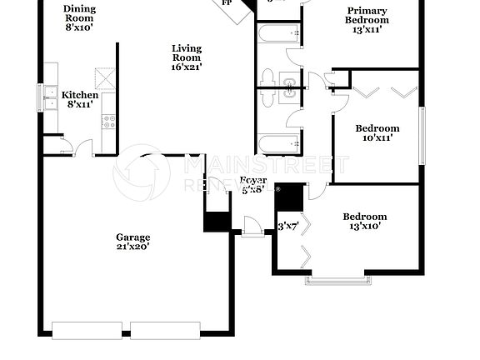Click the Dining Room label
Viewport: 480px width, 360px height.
(79, 17)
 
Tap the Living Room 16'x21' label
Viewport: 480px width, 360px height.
(187, 57)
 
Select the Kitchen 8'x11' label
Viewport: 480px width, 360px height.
(81, 100)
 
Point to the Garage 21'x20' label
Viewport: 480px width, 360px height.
(132, 242)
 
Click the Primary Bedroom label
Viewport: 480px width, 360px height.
(367, 19)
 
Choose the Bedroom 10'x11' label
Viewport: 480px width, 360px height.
(377, 133)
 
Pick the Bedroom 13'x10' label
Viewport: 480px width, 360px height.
(364, 222)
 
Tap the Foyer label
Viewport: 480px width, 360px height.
(252, 184)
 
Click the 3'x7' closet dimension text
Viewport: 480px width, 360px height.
(287, 225)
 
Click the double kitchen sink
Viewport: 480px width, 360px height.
(49, 97)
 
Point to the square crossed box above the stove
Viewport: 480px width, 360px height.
(105, 78)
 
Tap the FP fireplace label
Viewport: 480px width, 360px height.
(227, 3)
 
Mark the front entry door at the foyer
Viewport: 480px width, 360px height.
(252, 226)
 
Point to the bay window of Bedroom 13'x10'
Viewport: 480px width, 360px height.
(333, 278)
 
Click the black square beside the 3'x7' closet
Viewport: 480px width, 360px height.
(289, 197)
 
